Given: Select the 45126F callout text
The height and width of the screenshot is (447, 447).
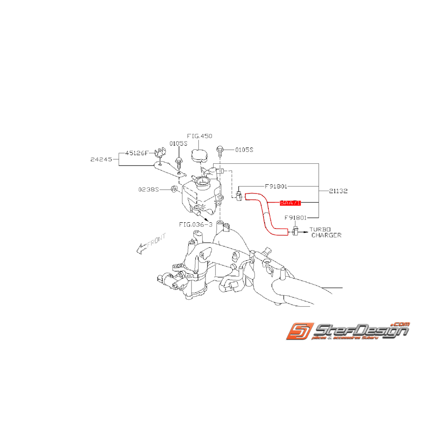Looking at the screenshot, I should tap(136, 153).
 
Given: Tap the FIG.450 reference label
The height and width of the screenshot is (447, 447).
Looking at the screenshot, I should tap(199, 136).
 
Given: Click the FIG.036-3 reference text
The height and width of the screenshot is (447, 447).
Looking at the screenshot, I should tap(195, 224).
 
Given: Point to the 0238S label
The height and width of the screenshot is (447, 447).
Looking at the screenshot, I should tap(148, 189).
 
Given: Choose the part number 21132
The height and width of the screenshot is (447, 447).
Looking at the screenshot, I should tap(338, 191).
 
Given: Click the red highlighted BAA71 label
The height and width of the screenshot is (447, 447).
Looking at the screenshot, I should tap(290, 203).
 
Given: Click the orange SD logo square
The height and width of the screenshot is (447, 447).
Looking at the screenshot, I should tap(298, 331).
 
